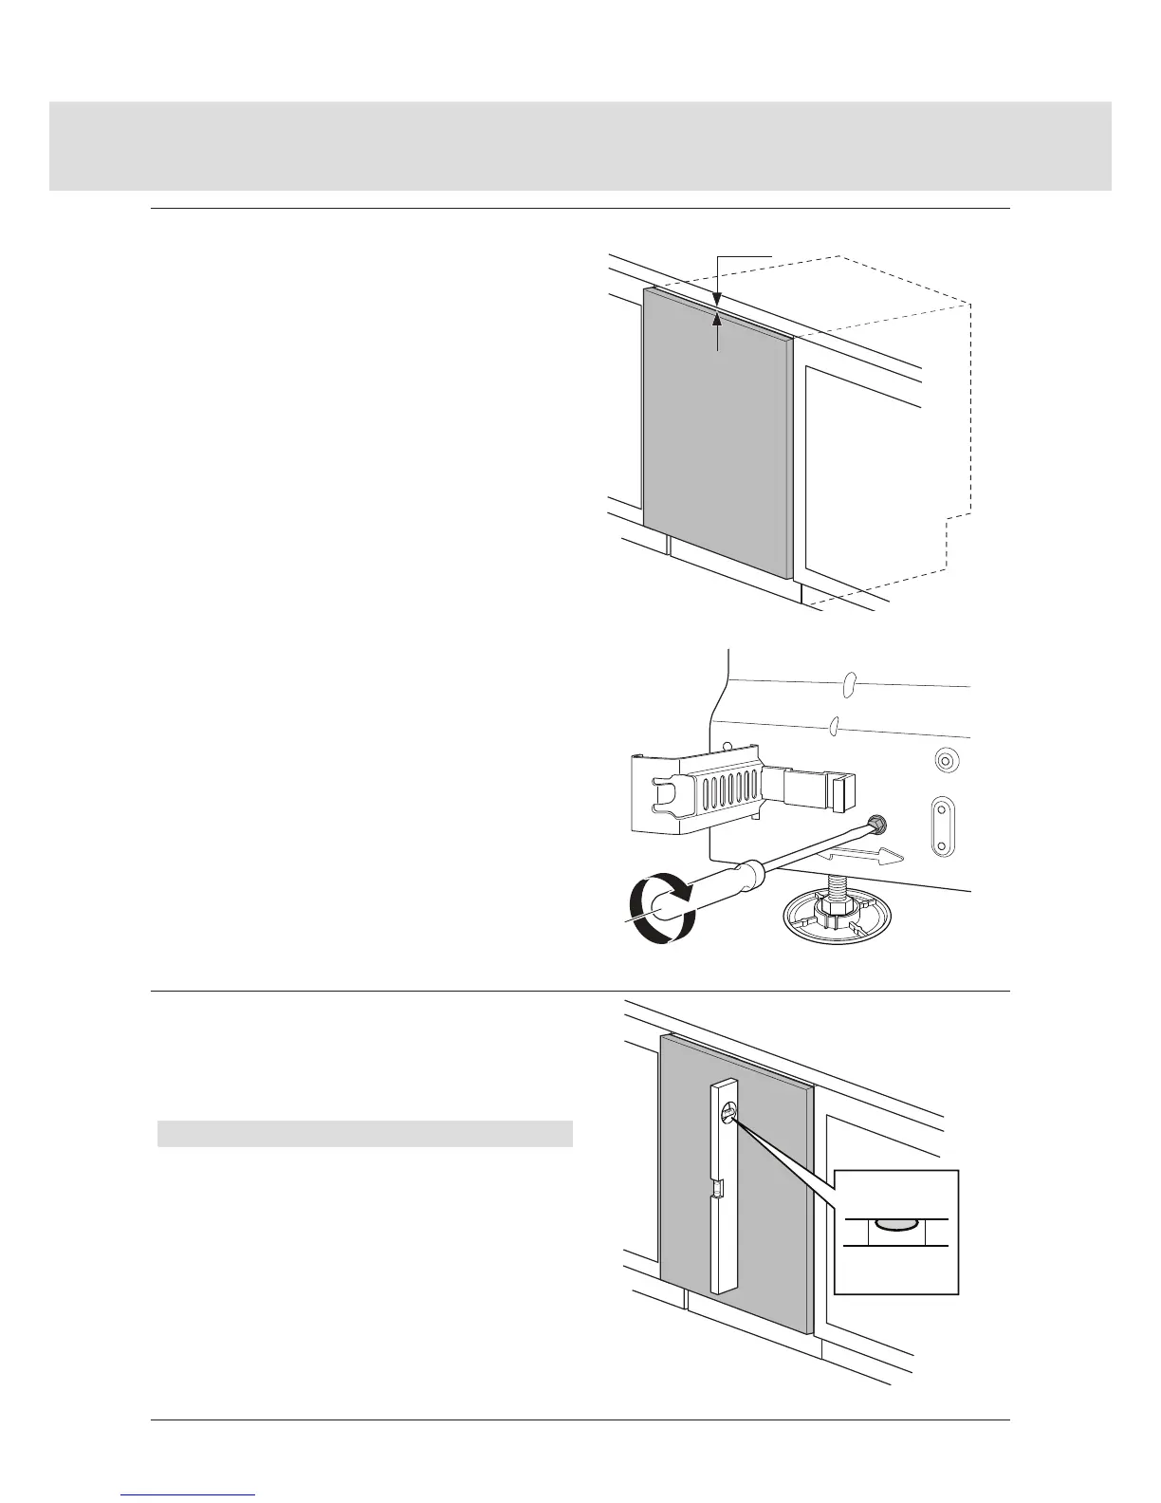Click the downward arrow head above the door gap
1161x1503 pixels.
pyautogui.click(x=716, y=299)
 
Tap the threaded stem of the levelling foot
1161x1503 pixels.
pyautogui.click(x=838, y=890)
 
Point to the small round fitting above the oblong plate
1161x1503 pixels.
pyautogui.click(x=945, y=760)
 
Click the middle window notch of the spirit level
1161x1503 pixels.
pyautogui.click(x=719, y=1187)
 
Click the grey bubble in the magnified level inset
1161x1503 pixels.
pyautogui.click(x=895, y=1224)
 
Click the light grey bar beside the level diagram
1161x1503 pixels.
pyautogui.click(x=364, y=1134)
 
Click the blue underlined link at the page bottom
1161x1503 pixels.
pyautogui.click(x=189, y=1496)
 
